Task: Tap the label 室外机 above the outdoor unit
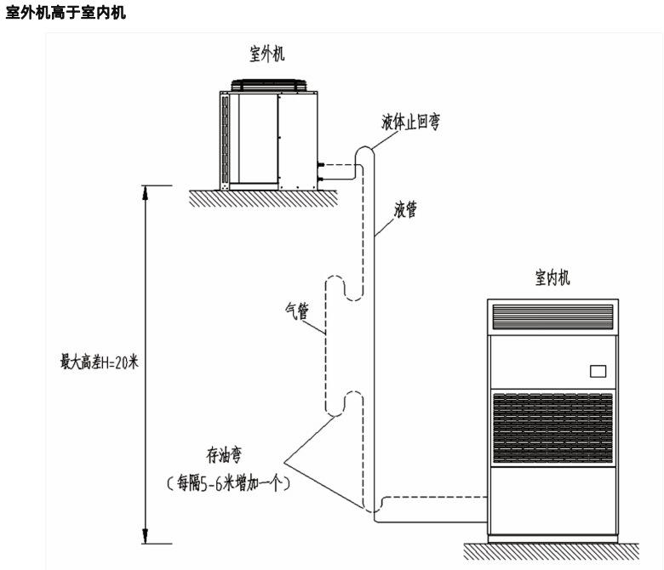266,54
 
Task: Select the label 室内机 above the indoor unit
552,277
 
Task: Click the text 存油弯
222,462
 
